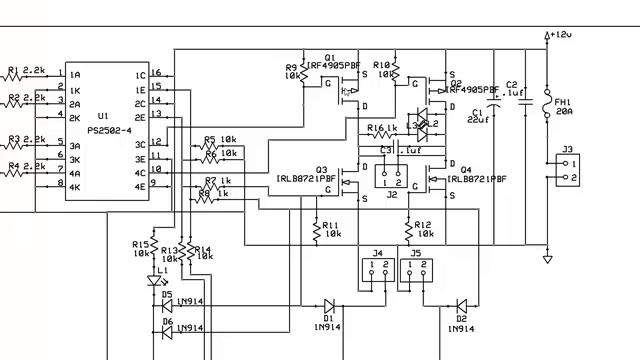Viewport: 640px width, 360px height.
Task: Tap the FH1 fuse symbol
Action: coord(547,105)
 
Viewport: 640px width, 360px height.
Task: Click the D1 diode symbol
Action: coord(328,306)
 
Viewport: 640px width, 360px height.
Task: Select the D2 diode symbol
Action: coord(461,306)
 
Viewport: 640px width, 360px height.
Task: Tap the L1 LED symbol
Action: coord(152,282)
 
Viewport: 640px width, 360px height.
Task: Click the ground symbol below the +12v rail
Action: coord(547,260)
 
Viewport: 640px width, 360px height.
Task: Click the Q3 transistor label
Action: coord(321,169)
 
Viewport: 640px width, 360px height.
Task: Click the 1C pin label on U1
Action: coord(140,75)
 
